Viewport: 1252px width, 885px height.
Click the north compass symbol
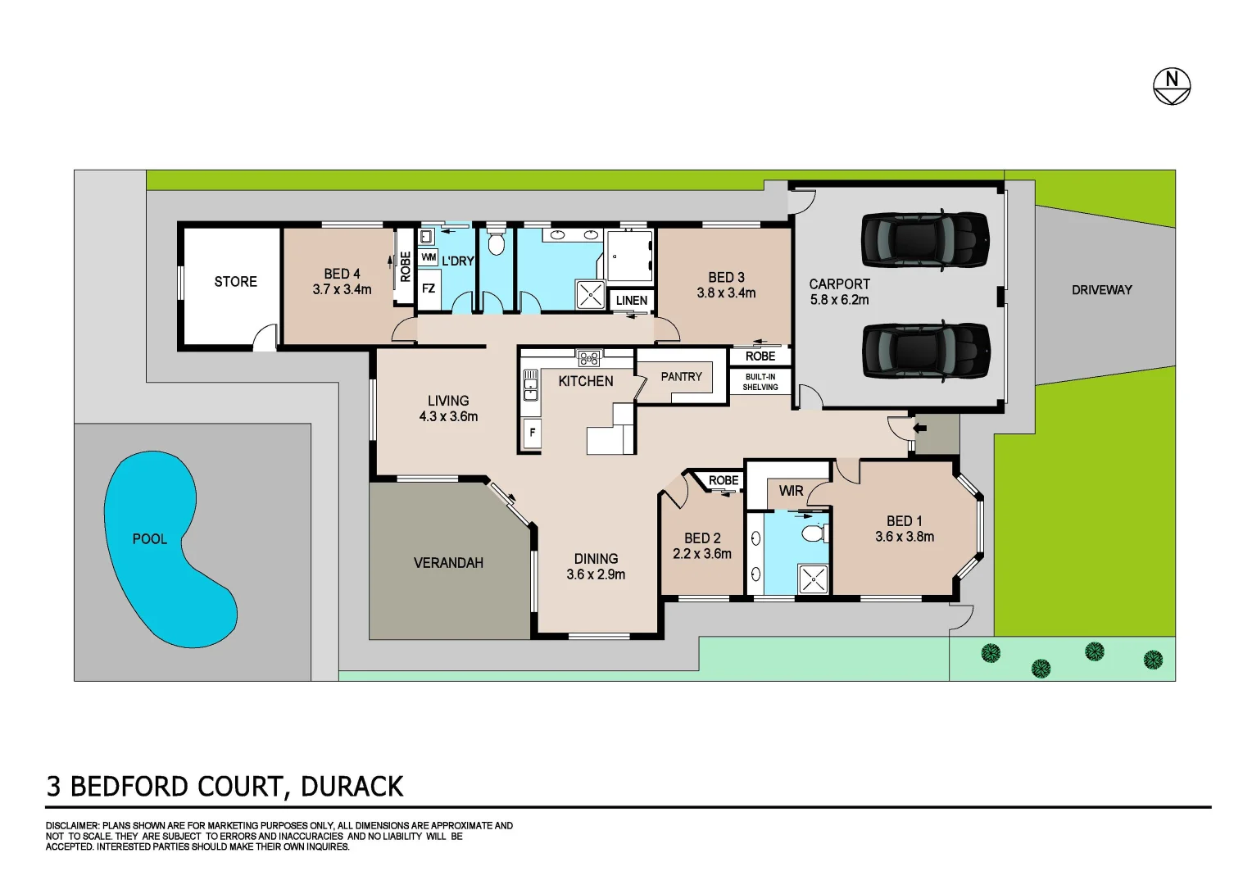pos(1172,84)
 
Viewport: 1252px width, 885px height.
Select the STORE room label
pos(235,282)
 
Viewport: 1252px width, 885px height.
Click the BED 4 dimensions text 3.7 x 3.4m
pos(342,289)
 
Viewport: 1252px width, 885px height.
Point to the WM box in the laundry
pos(429,257)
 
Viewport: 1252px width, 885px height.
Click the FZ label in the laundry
pos(428,288)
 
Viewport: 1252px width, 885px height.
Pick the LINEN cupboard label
pos(631,301)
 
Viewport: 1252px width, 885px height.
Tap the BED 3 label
pos(726,277)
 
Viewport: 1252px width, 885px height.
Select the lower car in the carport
pos(924,350)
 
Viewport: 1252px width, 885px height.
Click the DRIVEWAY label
pos(1101,290)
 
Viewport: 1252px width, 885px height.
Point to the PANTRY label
pos(681,377)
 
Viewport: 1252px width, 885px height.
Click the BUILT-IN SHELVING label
pos(760,382)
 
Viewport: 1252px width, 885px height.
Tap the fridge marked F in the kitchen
pos(532,433)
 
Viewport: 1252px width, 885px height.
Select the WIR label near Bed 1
pos(791,491)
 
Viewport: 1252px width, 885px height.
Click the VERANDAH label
pos(448,563)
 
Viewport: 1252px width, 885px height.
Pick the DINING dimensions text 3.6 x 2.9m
pos(596,574)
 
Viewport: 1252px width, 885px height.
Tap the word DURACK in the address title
pos(352,787)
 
